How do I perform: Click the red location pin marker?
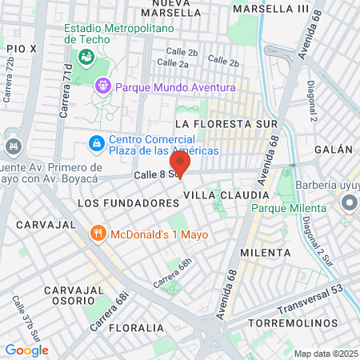coord(182,166)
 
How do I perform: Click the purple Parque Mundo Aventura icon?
coord(102,86)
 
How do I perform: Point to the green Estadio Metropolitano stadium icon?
coord(86,57)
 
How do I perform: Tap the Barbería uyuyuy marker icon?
coord(349,204)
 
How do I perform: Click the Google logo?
coord(26,350)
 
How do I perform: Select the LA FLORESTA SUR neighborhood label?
coord(226,124)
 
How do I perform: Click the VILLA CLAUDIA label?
coord(226,195)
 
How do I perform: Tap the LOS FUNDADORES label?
coord(128,203)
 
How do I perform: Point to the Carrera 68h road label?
coord(174,272)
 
